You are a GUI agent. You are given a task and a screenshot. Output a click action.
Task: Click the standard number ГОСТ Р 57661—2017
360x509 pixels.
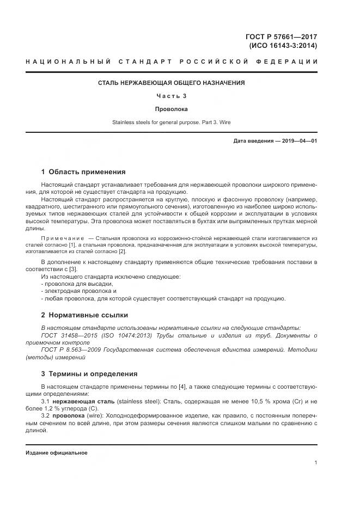pos(281,37)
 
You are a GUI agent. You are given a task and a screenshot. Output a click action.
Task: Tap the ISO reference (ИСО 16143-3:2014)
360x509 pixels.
pos(282,46)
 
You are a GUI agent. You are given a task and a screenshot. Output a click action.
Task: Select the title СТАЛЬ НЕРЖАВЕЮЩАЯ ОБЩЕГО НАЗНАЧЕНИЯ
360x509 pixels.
pos(171,83)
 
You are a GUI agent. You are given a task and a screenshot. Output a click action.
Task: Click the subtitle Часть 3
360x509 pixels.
pos(171,96)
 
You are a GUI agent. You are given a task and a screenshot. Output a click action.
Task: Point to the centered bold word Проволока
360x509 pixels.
pos(171,109)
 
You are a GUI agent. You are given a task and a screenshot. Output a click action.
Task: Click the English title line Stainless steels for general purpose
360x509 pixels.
pos(171,122)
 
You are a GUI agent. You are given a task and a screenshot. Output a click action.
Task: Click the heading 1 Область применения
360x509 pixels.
pos(83,171)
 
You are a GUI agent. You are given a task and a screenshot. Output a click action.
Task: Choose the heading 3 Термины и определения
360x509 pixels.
pos(89,374)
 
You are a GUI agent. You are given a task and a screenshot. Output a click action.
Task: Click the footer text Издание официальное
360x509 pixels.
pos(57,453)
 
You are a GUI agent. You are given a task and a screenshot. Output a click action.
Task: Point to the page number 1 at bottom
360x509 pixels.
pos(316,463)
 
